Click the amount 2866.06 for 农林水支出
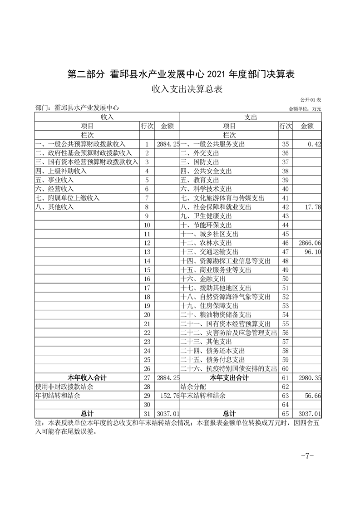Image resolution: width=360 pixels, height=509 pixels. click(311, 243)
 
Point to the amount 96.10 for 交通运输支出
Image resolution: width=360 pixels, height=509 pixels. click(312, 252)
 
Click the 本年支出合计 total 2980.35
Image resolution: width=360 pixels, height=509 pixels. click(311, 378)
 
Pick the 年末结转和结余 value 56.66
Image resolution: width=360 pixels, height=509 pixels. click(312, 396)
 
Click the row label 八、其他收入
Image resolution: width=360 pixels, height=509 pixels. click(54, 207)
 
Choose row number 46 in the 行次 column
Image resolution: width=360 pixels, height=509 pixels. click(286, 243)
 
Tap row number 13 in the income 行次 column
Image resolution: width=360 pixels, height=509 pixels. click(147, 252)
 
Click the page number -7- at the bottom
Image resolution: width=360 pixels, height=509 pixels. click(307, 456)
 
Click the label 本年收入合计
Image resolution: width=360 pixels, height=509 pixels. click(87, 378)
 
